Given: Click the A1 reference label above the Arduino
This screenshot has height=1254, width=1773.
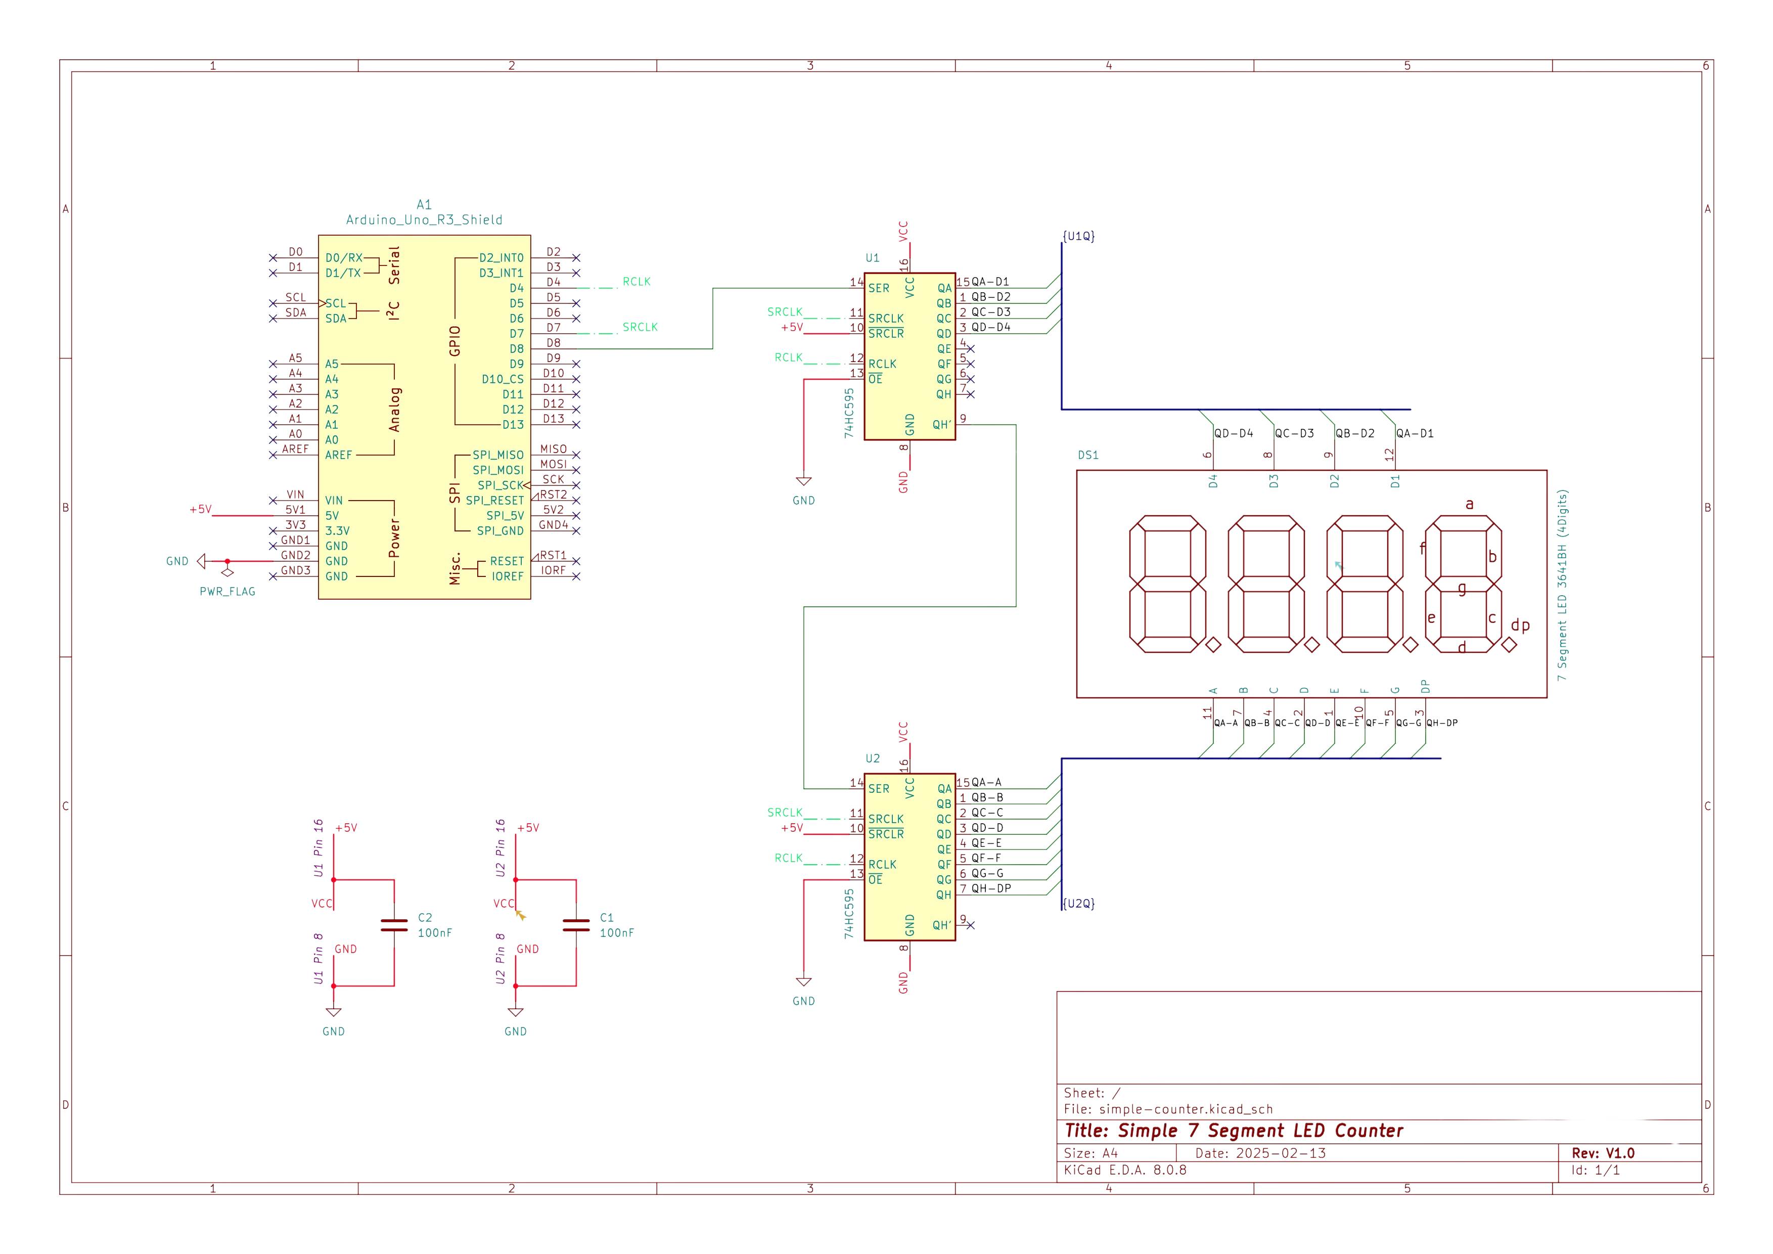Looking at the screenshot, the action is click(424, 205).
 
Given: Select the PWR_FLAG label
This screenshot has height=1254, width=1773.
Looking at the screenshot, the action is click(227, 592).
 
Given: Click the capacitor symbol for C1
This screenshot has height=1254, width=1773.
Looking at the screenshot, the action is click(576, 925).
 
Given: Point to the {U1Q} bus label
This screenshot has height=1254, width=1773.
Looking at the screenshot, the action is click(1079, 236).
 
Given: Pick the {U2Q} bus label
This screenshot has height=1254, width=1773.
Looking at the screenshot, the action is click(1079, 904).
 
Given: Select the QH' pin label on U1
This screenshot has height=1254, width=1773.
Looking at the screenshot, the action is click(941, 425).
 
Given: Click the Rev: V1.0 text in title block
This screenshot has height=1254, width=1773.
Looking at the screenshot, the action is click(1603, 1153).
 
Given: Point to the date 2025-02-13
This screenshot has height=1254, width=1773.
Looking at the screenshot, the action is click(1281, 1153).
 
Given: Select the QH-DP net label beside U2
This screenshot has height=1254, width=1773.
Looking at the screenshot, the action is click(991, 889).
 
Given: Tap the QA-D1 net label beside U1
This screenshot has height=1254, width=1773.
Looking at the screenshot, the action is click(990, 282).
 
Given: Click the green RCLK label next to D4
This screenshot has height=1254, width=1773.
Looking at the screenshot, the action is click(637, 282).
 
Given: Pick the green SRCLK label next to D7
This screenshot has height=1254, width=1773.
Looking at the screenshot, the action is click(640, 327).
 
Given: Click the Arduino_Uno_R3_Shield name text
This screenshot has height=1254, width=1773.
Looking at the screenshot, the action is click(424, 220).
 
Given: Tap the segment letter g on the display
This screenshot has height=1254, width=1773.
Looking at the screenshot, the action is click(1462, 589).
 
